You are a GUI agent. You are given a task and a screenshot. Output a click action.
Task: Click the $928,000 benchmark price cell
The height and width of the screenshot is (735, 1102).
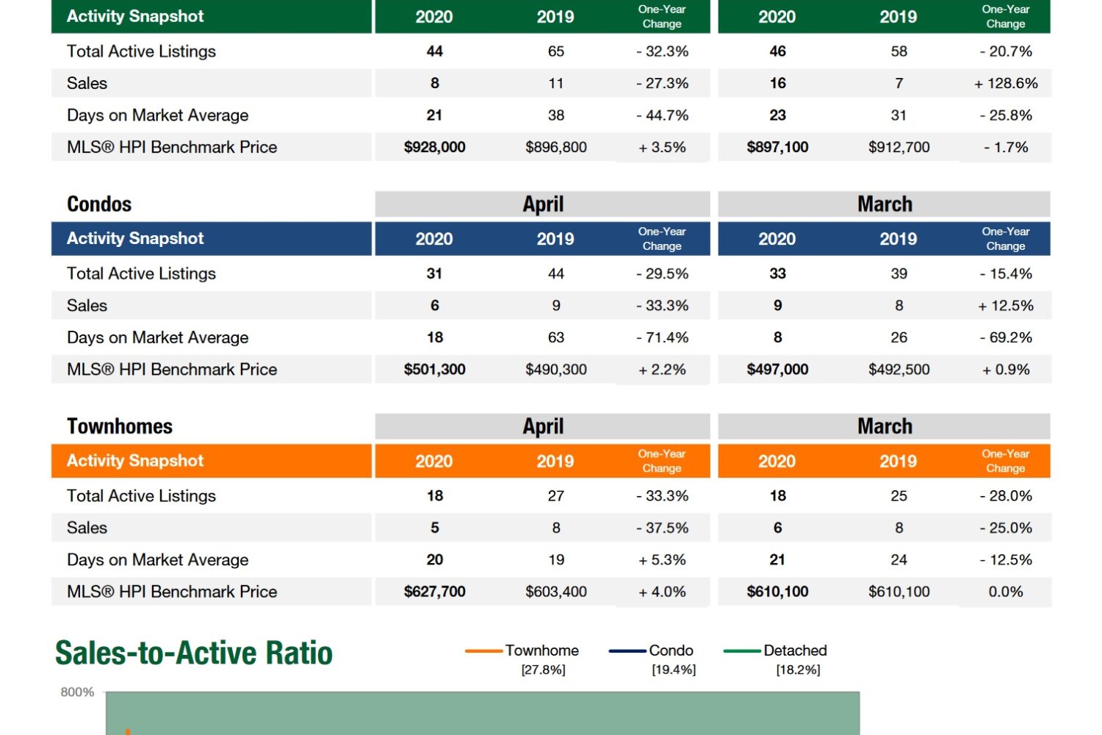(434, 147)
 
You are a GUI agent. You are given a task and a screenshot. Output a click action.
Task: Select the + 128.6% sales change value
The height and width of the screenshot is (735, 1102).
(1006, 84)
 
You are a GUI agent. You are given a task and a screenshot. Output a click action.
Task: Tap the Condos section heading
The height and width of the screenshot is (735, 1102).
(99, 204)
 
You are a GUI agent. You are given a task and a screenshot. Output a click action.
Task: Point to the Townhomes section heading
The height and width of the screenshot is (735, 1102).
(120, 426)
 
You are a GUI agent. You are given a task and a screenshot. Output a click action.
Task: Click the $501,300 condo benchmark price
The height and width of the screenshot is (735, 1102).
(434, 370)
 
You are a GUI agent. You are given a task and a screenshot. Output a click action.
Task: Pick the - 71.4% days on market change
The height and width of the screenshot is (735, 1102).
(662, 337)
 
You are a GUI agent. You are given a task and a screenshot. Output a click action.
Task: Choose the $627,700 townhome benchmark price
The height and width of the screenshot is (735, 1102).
(434, 592)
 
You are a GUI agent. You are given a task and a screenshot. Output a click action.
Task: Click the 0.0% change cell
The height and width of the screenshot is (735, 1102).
(1006, 592)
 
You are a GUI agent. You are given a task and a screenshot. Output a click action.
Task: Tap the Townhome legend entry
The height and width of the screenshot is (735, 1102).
(541, 650)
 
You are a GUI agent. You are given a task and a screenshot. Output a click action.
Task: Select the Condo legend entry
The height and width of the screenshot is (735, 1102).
(671, 650)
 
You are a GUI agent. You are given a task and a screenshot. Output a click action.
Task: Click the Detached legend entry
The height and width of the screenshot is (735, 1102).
(795, 650)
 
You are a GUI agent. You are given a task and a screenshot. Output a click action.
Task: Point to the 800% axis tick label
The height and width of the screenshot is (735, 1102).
(77, 692)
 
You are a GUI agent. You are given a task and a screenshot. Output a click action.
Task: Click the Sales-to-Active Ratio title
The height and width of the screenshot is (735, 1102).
(194, 653)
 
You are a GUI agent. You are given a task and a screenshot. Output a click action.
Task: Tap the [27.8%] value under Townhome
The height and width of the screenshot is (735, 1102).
(543, 670)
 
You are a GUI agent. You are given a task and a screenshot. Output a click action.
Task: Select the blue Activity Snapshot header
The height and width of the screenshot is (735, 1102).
(135, 239)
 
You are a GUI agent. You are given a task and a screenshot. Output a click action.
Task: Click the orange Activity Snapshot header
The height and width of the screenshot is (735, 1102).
(135, 461)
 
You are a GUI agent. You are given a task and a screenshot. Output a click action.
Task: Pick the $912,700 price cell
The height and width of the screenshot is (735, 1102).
(898, 147)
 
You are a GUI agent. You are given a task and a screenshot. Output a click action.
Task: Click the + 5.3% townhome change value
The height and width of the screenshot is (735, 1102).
(662, 560)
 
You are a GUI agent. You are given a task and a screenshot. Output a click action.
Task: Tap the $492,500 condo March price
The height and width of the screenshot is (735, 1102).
(898, 370)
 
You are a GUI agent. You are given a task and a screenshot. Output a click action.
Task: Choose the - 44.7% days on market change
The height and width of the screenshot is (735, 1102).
(662, 115)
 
